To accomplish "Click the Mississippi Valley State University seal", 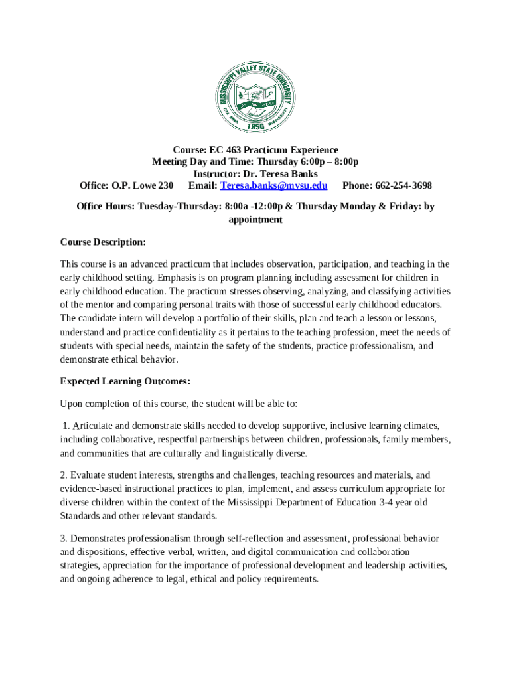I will point(256,97).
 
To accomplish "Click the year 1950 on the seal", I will point(256,126).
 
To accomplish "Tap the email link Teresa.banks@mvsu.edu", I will point(273,185).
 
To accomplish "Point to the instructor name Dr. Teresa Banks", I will point(280,173).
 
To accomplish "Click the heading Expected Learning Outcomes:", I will point(125,381).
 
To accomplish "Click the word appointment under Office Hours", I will point(256,219).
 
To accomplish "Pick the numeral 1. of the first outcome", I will point(66,426).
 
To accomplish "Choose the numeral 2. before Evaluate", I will point(64,475).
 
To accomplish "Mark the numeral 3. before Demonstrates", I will point(64,538).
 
